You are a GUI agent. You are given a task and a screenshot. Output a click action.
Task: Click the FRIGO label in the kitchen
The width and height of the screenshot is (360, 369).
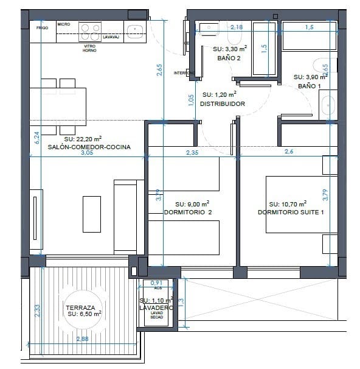tap(42, 28)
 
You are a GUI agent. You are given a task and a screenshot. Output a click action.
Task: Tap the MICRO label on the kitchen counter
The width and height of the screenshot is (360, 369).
tap(64, 24)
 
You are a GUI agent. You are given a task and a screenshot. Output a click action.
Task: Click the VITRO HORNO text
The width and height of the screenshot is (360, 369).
tap(89, 47)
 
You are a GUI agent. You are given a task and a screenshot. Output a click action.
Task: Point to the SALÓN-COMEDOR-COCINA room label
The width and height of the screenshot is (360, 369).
tap(84, 147)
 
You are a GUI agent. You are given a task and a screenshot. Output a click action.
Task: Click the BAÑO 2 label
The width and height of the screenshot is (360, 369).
tap(229, 58)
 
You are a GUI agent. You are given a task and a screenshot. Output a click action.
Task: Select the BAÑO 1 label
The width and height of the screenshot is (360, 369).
tap(308, 86)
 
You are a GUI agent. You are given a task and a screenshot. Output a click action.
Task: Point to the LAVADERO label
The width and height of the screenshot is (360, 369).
tap(156, 308)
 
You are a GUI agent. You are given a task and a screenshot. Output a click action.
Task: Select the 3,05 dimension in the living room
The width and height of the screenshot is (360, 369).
tap(87, 153)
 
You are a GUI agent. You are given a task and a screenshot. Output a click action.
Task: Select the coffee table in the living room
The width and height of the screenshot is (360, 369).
tap(92, 213)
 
